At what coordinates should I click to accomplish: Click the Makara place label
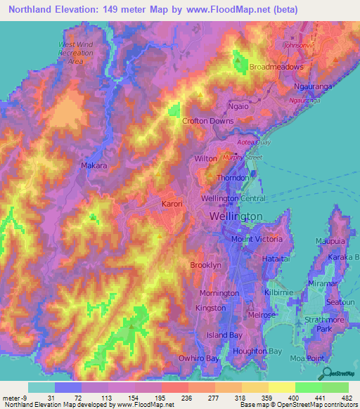pos(94,166)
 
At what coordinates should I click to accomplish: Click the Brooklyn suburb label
pos(205,265)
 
